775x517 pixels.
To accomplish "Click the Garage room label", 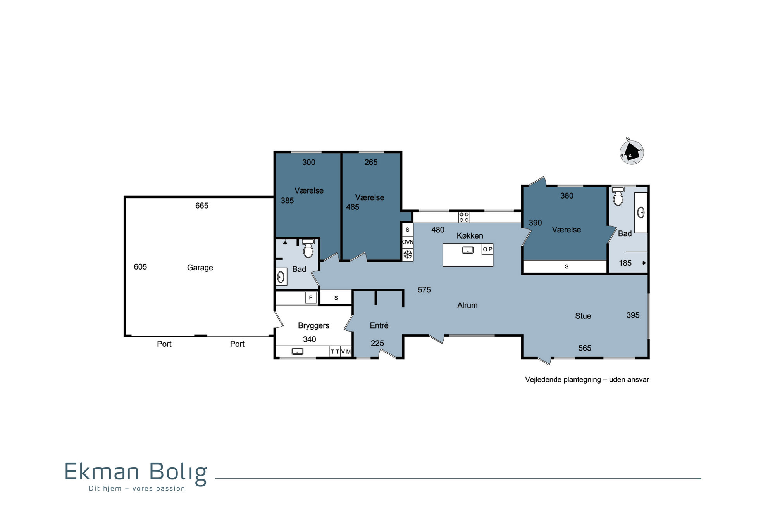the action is tap(200, 268).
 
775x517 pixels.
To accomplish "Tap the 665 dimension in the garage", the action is tap(202, 206).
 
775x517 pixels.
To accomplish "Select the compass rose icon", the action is tap(632, 152).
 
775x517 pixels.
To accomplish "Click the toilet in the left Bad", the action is tap(308, 249).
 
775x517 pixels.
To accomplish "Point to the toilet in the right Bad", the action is tap(618, 196).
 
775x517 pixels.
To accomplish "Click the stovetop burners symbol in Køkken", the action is tap(464, 217).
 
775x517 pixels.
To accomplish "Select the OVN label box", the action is tap(408, 242).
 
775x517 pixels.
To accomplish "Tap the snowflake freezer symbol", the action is tap(408, 254).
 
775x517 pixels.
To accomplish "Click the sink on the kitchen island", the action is tap(468, 250).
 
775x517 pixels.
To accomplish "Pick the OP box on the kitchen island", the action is tap(487, 249).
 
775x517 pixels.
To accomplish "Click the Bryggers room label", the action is tap(313, 326).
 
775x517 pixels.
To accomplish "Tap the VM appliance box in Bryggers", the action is tap(346, 352).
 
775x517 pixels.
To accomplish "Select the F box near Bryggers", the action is tap(311, 298).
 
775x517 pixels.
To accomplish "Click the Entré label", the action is tap(379, 325).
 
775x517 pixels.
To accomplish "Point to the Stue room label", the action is tap(583, 316).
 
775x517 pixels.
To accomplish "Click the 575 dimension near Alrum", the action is tap(424, 290).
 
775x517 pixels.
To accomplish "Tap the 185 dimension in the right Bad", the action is tap(625, 263).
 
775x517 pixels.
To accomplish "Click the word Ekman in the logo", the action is tap(102, 472).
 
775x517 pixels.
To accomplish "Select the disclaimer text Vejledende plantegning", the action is tap(563, 380).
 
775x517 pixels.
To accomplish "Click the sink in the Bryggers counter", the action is tap(297, 351).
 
